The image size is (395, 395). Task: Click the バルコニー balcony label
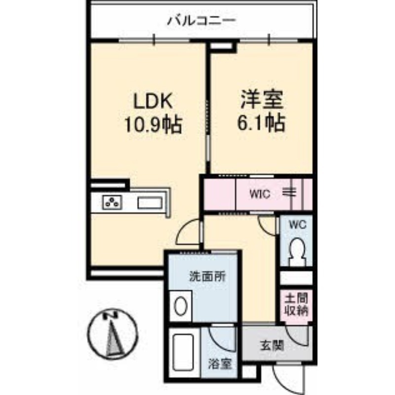click(x=201, y=21)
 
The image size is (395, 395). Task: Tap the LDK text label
click(x=153, y=101)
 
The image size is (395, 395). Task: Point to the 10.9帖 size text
click(x=154, y=125)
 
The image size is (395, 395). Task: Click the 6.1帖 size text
click(x=262, y=123)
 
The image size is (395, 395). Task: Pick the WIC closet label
click(x=260, y=194)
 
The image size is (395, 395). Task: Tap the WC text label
click(x=298, y=225)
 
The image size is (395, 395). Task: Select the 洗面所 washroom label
click(x=207, y=276)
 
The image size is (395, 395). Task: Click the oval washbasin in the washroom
click(x=180, y=306)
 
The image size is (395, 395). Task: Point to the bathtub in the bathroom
click(x=184, y=352)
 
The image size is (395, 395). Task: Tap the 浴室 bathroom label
click(x=220, y=363)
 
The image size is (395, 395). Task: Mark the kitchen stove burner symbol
click(x=113, y=202)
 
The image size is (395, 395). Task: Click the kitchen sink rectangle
click(x=150, y=203)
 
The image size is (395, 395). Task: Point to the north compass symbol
click(x=113, y=334)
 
